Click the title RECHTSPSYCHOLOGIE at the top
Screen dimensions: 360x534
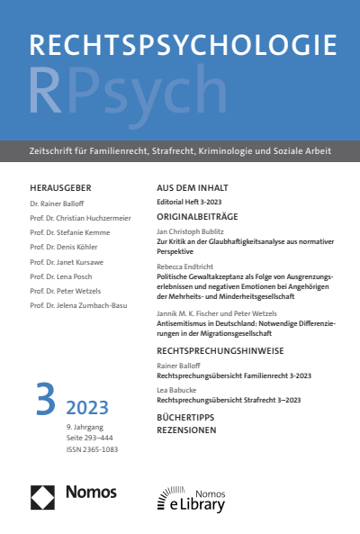182,46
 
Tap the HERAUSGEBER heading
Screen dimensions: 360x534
60,187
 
